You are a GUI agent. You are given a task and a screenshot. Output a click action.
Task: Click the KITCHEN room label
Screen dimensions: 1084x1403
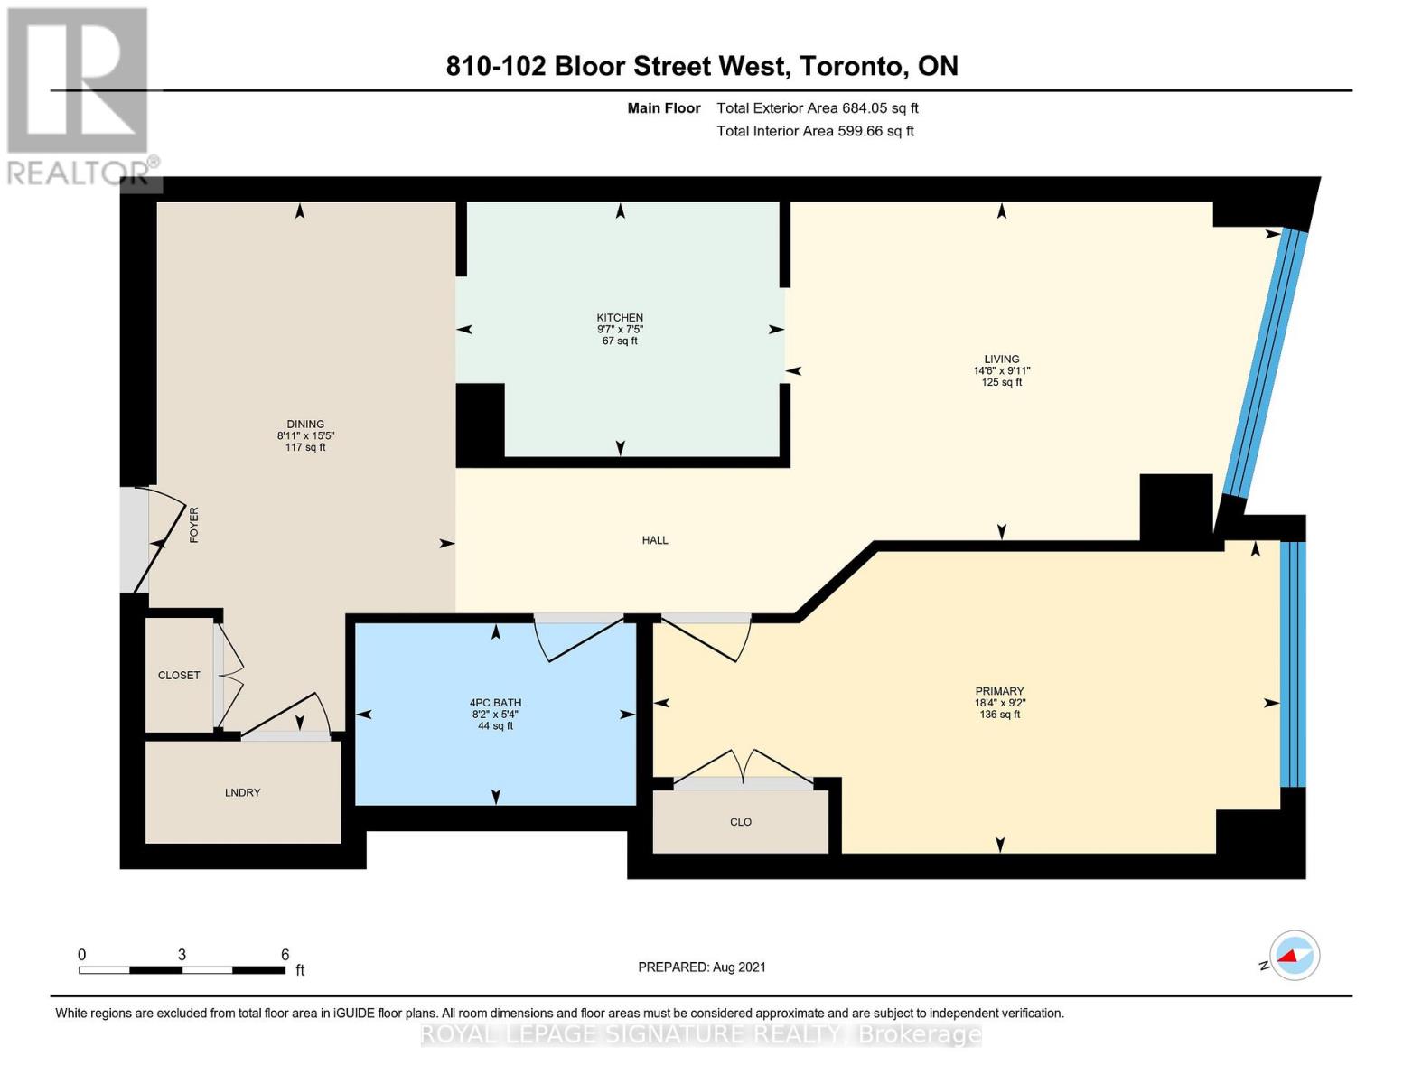point(620,318)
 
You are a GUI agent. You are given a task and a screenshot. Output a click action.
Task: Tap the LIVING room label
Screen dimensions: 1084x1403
point(1001,359)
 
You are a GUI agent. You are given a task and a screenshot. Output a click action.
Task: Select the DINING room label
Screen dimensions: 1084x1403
point(305,425)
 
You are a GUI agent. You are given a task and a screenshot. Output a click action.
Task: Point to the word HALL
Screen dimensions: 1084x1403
point(655,540)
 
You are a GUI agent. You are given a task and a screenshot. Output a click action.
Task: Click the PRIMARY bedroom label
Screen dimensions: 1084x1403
point(999,691)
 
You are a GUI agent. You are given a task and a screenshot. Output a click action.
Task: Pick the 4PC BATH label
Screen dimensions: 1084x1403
point(495,703)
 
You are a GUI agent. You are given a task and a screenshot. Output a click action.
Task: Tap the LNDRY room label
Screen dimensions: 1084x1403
point(242,792)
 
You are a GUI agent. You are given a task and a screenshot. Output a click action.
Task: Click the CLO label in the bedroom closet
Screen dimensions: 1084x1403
point(741,822)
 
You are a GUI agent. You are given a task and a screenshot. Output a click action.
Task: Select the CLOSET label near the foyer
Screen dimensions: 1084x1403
point(179,676)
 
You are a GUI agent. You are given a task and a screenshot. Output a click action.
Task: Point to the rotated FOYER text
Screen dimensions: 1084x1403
point(193,525)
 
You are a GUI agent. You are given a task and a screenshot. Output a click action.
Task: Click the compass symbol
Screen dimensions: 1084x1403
point(1294,955)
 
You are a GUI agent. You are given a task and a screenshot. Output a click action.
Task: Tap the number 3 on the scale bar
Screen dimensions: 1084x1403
point(182,955)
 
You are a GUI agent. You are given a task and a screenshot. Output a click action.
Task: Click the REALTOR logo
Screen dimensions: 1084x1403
point(79,95)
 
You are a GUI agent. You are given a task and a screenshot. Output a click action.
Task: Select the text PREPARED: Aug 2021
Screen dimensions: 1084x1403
point(702,967)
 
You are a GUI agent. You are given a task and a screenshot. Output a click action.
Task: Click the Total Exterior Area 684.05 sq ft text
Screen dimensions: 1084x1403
point(817,108)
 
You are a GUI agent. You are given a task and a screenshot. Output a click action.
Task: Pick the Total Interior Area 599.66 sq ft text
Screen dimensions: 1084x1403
point(815,131)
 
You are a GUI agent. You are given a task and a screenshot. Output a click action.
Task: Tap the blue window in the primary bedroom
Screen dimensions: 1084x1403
point(1293,664)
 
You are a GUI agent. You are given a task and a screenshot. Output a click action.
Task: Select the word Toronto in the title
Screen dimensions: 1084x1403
point(854,66)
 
